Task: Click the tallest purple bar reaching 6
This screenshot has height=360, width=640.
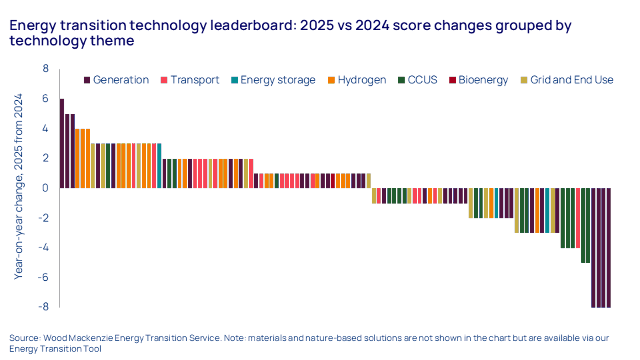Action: [62, 143]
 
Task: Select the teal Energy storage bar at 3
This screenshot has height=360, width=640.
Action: [159, 165]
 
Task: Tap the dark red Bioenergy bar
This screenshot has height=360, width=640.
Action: [332, 181]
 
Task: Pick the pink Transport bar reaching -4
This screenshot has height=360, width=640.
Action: [578, 218]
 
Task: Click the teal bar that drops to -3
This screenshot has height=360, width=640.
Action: [547, 210]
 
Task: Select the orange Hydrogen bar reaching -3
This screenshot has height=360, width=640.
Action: [537, 210]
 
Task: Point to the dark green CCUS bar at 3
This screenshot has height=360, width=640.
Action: [108, 165]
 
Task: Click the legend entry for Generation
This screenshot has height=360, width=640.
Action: [116, 80]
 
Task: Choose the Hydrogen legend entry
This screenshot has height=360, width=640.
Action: [357, 80]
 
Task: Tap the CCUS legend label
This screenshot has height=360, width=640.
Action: [422, 80]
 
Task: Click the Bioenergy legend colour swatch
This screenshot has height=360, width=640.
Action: [452, 80]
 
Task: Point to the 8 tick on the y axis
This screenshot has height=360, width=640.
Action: [46, 68]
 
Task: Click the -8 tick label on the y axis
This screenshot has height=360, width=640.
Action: [44, 306]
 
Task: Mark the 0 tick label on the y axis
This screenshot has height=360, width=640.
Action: [45, 187]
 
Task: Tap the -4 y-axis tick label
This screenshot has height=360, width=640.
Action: [44, 247]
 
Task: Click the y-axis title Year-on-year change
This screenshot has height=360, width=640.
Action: [18, 187]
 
